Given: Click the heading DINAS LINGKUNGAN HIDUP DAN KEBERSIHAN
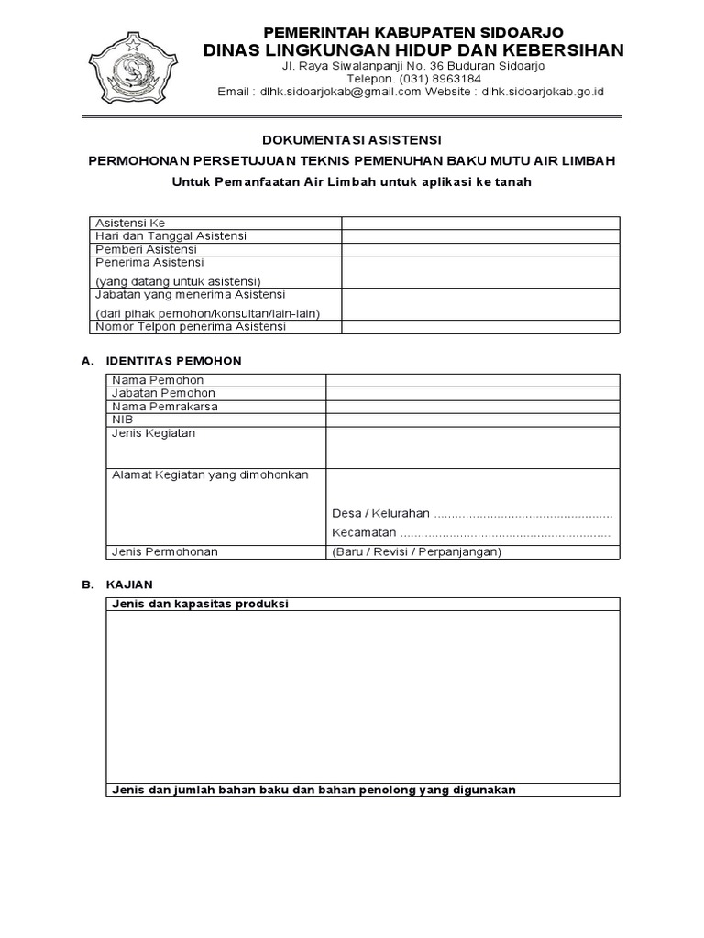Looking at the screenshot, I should [413, 49].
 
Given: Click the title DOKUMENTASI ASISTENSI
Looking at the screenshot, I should [352, 140].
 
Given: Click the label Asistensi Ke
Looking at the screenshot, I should [130, 223].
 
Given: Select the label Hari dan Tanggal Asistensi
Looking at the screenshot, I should [170, 236].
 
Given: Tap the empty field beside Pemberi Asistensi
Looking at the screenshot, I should [480, 249].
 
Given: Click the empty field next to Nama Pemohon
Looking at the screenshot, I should [472, 380].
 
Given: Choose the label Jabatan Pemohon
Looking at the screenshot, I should [157, 393].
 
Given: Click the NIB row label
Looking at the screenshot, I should [123, 420].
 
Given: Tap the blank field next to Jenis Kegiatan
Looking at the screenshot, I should [472, 446].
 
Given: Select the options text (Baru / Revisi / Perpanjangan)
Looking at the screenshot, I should [417, 551].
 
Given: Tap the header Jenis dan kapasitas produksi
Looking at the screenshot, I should [200, 605].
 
